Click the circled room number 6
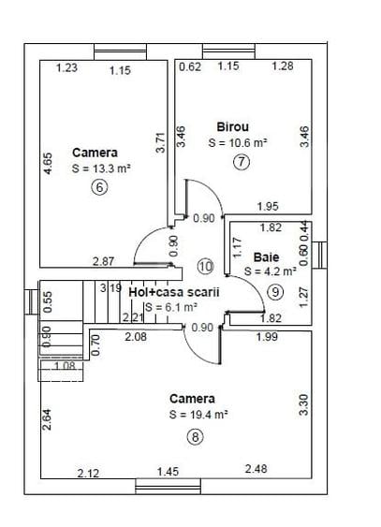click(x=99, y=187)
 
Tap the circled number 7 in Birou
click(x=242, y=162)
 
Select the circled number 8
click(x=195, y=437)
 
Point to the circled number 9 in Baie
click(x=275, y=292)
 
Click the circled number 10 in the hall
click(x=206, y=267)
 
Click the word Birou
click(x=233, y=127)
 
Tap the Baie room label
click(x=267, y=257)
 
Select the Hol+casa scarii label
click(x=174, y=292)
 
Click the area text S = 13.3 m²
click(x=101, y=168)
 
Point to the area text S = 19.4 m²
click(x=198, y=414)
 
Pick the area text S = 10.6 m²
click(x=238, y=142)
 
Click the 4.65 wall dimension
click(x=48, y=164)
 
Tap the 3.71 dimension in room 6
click(x=161, y=143)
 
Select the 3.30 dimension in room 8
click(x=303, y=405)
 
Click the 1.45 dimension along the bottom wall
click(x=168, y=472)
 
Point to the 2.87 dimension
click(x=104, y=261)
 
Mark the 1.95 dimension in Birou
click(x=268, y=206)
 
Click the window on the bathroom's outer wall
click(x=319, y=256)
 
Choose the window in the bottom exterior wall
click(x=168, y=487)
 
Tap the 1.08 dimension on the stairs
click(x=65, y=366)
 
